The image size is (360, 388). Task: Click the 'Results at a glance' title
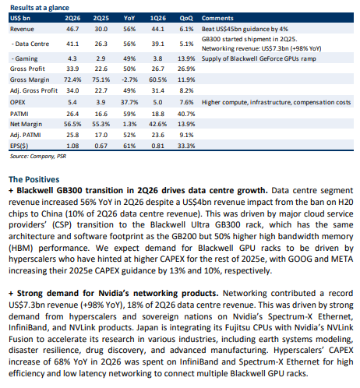[x=40, y=8]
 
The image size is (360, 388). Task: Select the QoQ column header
[x=186, y=18]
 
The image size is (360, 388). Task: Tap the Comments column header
[x=217, y=18]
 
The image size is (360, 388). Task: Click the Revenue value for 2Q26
[x=72, y=29]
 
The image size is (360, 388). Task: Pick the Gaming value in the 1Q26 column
[x=157, y=58]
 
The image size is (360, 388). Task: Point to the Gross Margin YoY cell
[x=129, y=79]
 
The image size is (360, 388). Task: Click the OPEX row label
[x=18, y=102]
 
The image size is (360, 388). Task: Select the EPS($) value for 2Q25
[x=101, y=146]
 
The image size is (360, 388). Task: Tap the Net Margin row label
[x=26, y=124]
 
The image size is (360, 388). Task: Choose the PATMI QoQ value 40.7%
[x=186, y=114]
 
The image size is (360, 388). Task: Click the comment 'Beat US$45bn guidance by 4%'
[x=245, y=29]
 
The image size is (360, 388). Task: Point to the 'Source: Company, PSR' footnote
[x=38, y=157]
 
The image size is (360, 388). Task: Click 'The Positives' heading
[x=34, y=179]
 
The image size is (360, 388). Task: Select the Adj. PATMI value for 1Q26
[x=157, y=135]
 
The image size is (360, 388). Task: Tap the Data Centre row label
[x=30, y=44]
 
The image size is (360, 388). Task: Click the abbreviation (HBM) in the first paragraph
[x=21, y=248]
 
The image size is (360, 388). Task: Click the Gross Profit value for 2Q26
[x=72, y=69]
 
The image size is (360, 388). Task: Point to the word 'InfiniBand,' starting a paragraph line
[x=29, y=328]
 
